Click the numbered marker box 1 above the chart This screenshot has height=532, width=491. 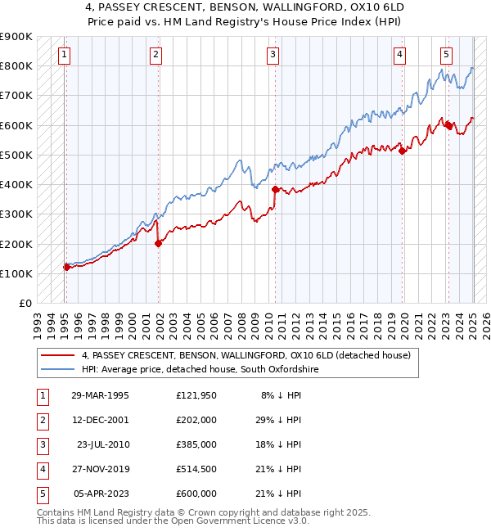(x=64, y=55)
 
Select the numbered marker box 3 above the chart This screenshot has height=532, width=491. (x=273, y=55)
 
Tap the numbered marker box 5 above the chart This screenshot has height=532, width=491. (x=446, y=55)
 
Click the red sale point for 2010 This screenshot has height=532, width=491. (x=276, y=189)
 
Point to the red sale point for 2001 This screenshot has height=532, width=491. (x=159, y=243)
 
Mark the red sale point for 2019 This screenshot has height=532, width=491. (x=403, y=151)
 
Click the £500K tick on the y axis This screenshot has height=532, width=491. (x=16, y=155)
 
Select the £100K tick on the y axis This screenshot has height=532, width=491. (x=16, y=273)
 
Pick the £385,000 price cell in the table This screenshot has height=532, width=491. (x=196, y=444)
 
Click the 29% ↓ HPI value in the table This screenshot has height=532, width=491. (x=280, y=420)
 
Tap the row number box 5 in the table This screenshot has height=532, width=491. (x=41, y=494)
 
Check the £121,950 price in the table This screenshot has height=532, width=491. (x=196, y=395)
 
